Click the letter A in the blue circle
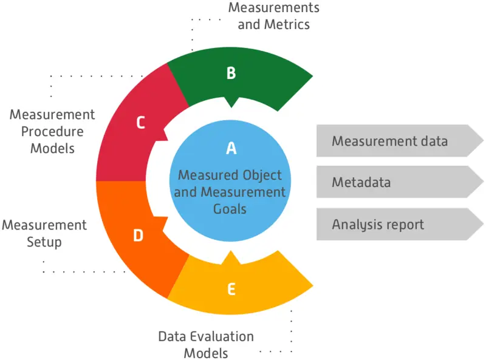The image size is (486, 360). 231,148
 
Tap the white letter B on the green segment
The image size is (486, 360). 231,73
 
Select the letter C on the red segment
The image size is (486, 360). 140,123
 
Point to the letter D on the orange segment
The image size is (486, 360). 138,236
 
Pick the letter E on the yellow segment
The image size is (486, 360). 231,290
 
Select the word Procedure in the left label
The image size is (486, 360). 52,131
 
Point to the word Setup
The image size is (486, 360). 44,242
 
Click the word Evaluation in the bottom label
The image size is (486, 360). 222,336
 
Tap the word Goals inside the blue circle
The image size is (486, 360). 230,209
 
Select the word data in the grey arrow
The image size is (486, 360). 432,141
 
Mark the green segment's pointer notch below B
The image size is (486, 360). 231,101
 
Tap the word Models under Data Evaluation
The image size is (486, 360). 205,353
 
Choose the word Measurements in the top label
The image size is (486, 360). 274,8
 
